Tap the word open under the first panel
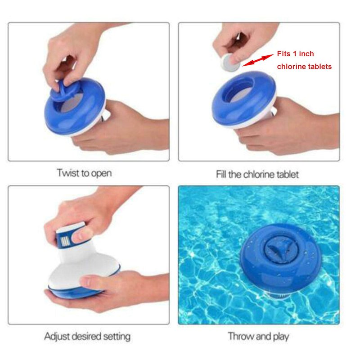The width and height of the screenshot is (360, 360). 101,174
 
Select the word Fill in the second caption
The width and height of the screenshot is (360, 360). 221,174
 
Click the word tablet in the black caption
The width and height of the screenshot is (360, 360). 288,174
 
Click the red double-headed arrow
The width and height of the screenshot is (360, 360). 258,60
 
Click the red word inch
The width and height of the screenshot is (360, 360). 306,54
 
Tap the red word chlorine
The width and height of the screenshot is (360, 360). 292,66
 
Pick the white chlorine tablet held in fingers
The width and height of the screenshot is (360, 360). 229,62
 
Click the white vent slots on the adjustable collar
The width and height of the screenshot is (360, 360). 65,242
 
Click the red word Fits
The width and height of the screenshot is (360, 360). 284,54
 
